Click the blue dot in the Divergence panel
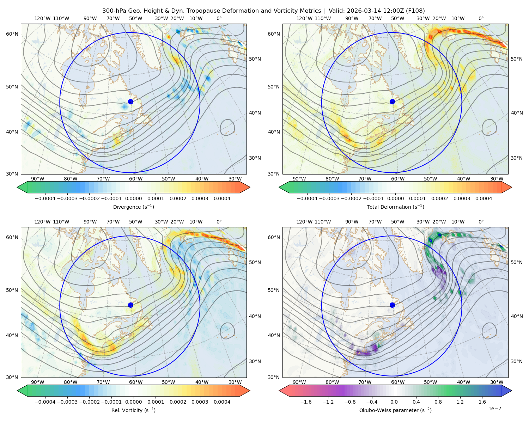130,102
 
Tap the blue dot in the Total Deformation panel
392,102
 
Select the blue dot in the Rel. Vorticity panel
130,305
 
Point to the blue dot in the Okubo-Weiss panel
392,305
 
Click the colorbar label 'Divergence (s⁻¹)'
133,207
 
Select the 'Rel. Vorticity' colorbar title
126,410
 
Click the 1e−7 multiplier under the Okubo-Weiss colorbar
494,409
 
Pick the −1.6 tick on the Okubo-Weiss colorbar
306,401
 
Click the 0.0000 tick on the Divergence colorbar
133,198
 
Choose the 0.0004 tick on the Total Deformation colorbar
484,198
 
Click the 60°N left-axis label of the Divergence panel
12,34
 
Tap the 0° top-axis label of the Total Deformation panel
481,18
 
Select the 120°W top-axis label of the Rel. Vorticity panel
42,222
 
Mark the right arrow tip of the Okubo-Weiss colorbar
512,391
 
